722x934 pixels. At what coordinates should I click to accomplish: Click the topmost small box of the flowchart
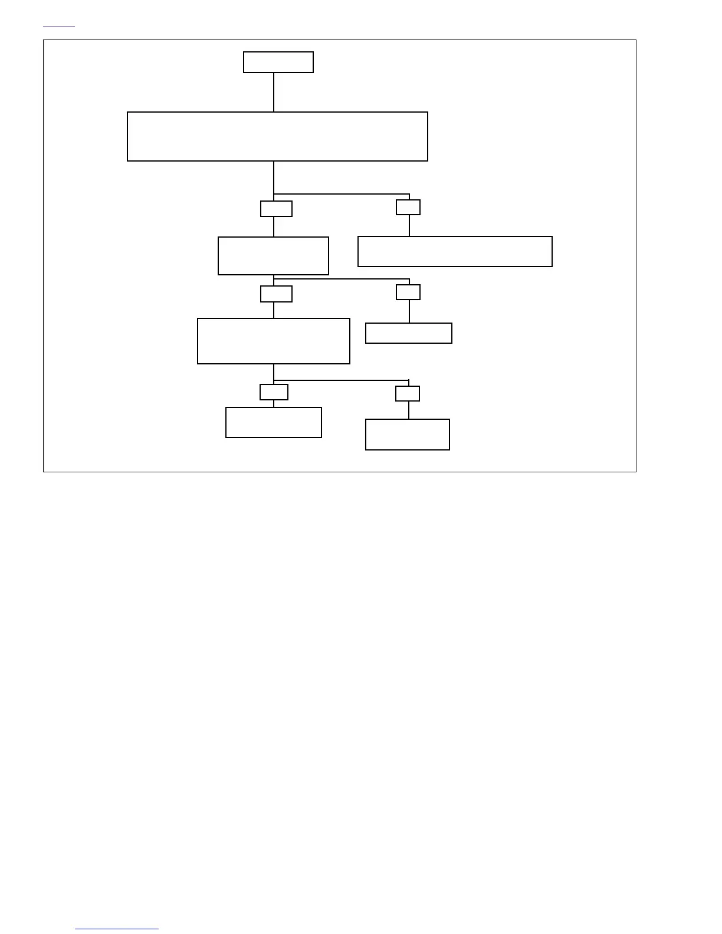point(278,63)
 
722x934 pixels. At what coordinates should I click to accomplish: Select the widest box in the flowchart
point(277,136)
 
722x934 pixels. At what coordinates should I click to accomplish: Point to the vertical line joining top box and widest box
point(274,92)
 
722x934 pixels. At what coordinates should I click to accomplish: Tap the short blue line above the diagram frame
point(59,27)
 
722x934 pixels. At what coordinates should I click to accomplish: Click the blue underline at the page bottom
point(117,929)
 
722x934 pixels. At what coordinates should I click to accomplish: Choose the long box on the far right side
point(455,252)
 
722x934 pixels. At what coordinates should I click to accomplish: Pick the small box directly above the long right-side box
point(408,207)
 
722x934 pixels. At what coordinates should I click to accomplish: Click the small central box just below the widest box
point(276,209)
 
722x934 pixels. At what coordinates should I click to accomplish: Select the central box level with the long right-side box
point(273,256)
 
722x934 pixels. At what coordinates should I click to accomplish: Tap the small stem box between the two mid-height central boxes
point(276,294)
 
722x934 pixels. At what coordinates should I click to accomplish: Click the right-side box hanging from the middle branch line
point(409,333)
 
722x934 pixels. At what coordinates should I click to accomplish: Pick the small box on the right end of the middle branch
point(408,292)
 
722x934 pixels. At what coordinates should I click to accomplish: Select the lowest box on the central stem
point(274,422)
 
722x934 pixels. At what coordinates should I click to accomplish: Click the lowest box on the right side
point(408,435)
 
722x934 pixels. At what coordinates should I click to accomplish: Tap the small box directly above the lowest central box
point(274,392)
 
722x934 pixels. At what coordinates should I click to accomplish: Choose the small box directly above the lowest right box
point(408,393)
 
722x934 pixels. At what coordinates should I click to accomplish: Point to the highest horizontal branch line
point(342,194)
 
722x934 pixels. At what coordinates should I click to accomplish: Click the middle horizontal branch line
point(342,279)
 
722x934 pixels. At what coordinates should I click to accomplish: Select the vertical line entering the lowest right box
point(409,410)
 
